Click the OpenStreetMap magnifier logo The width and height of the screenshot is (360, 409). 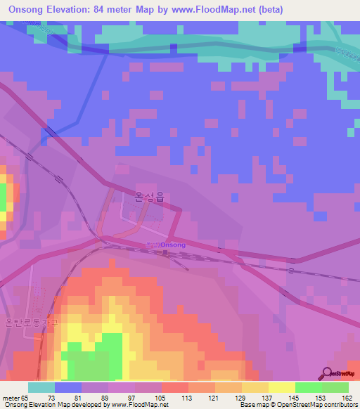click(328, 372)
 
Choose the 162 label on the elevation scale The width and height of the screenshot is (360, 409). click(347, 398)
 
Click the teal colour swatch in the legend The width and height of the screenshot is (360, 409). click(41, 387)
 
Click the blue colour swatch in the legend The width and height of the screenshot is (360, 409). click(68, 387)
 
